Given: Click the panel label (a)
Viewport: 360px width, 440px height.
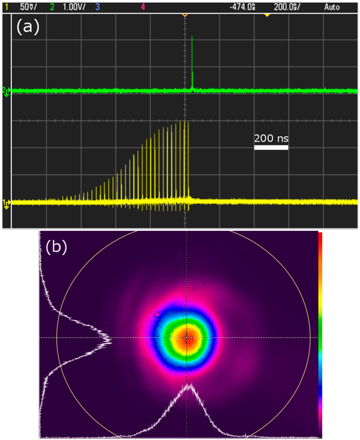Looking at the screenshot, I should click(28, 27).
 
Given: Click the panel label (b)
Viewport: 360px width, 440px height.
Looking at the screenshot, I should click(56, 247).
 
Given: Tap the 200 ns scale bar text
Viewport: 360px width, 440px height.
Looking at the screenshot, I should click(271, 138).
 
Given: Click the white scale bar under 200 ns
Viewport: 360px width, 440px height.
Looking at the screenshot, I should click(271, 148).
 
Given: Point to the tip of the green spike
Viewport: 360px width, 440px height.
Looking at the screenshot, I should click(192, 36).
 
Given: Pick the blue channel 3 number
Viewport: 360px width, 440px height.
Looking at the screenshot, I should click(97, 7).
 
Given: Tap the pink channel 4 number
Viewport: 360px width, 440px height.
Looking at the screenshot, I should click(143, 7).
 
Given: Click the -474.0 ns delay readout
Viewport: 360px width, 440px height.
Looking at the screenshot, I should click(242, 7).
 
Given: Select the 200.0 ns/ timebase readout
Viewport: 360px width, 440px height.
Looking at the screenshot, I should click(287, 7).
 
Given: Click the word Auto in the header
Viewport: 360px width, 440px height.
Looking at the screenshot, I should click(332, 7).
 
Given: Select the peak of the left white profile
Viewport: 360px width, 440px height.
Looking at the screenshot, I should click(110, 339).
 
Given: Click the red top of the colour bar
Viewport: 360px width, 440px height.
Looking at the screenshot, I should click(320, 235).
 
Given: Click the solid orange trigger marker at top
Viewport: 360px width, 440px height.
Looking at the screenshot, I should click(267, 15).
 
